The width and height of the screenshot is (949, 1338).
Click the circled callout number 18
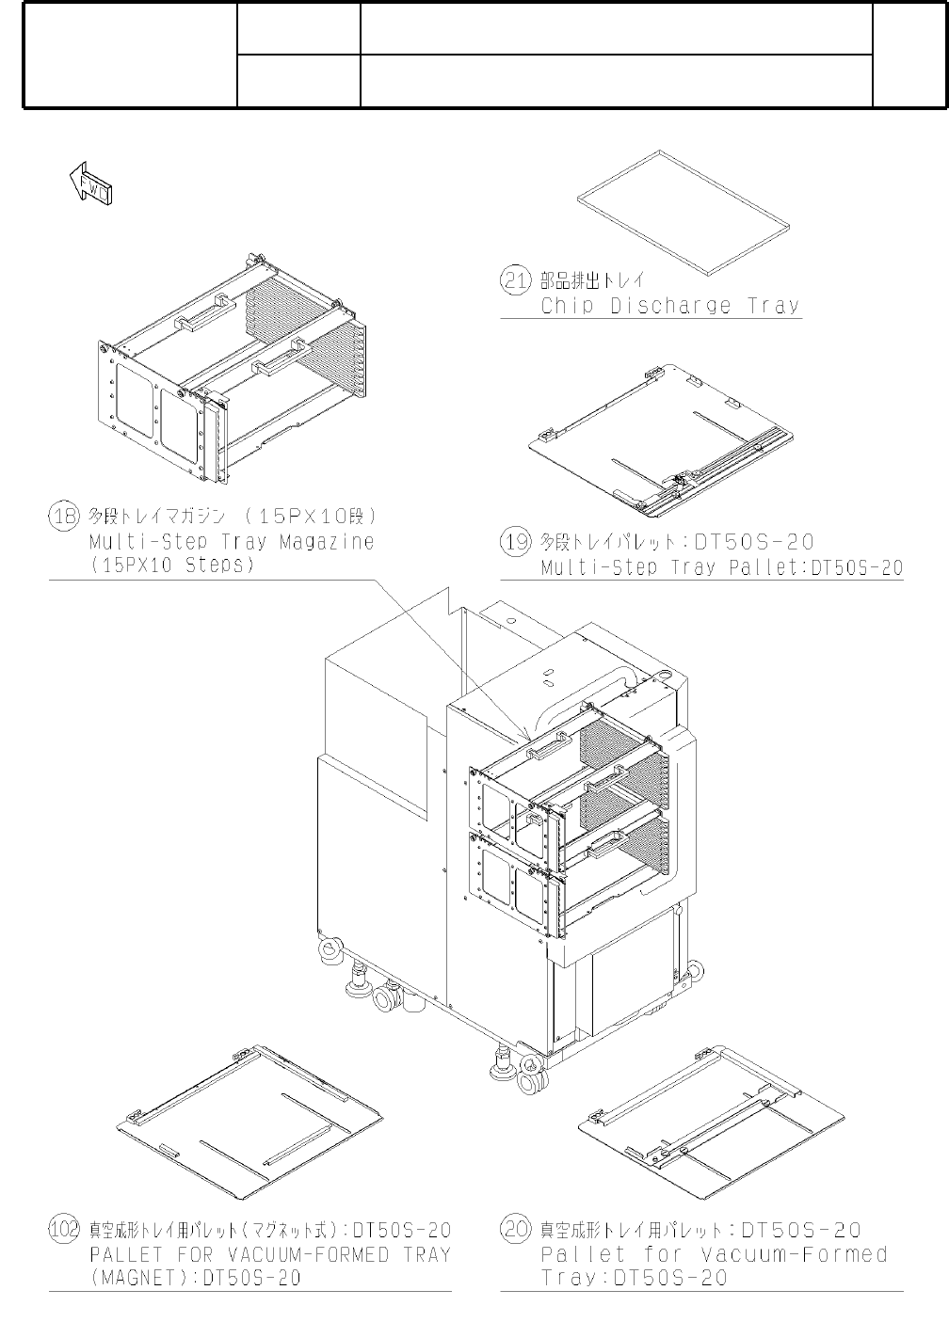[x=63, y=516]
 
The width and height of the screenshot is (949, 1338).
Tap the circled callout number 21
[x=514, y=279]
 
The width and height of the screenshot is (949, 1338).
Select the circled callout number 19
[x=515, y=541]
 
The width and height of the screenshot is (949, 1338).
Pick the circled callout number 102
[x=64, y=1230]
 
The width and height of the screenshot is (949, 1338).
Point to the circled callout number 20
[x=515, y=1230]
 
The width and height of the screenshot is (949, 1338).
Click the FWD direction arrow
[x=91, y=183]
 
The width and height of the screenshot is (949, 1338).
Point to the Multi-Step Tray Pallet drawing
[x=659, y=438]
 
